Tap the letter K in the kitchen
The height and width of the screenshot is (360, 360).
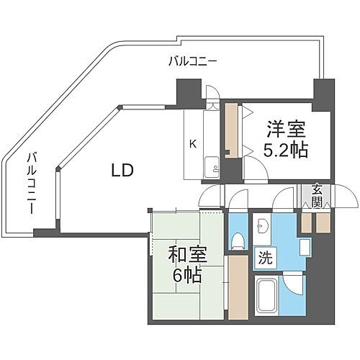(x=192, y=143)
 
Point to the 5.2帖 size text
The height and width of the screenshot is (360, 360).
(x=286, y=151)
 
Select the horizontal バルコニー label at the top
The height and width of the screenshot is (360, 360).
(x=192, y=62)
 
